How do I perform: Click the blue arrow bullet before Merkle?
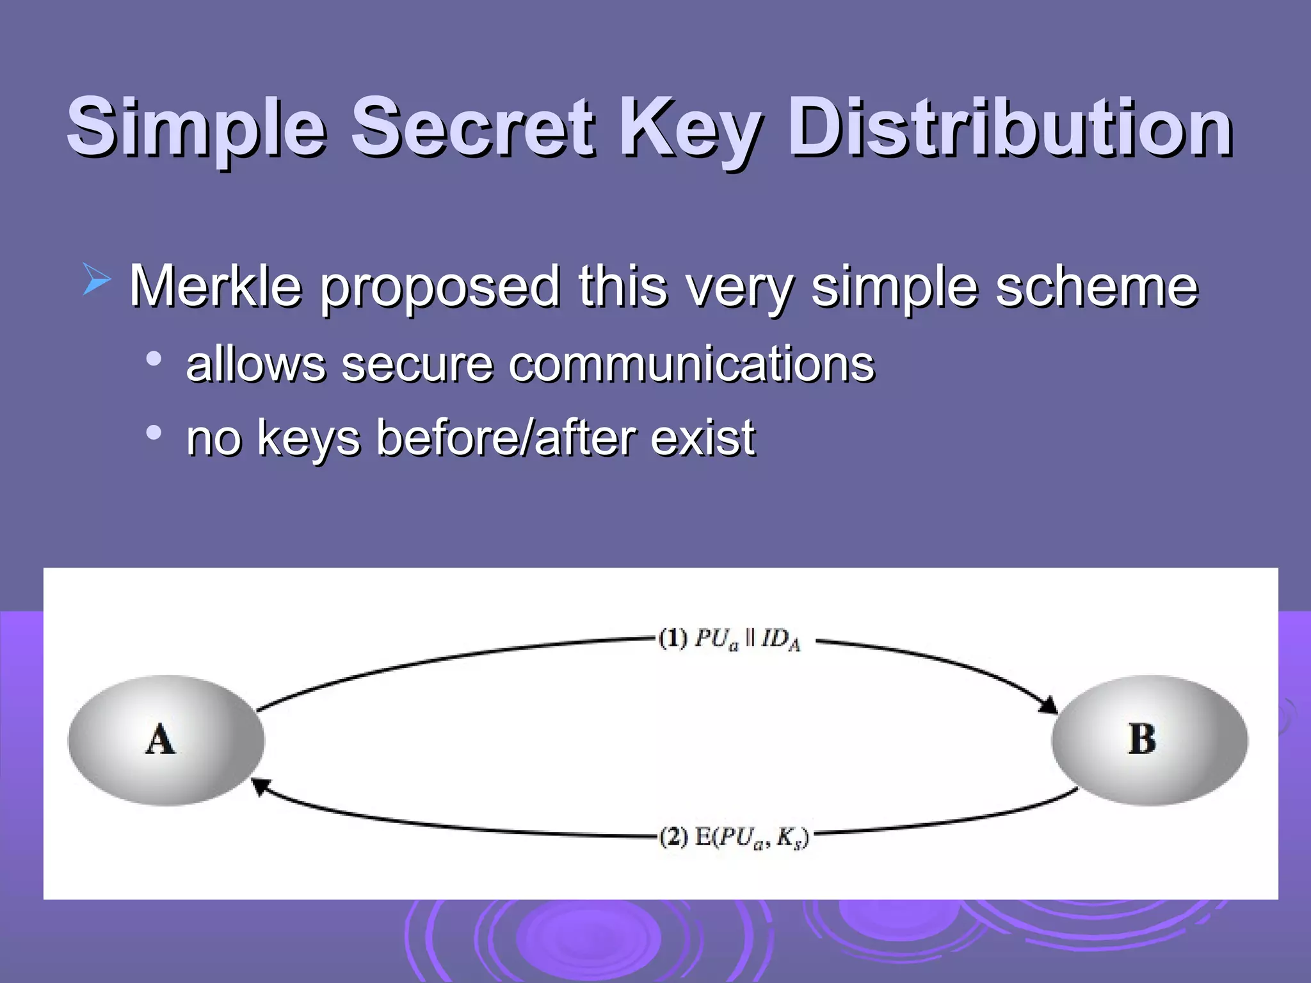97,282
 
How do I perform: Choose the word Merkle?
215,286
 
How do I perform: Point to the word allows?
255,364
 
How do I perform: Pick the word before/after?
505,438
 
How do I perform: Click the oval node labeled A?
166,740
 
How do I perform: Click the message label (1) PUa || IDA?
730,639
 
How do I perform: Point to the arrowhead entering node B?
1048,705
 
